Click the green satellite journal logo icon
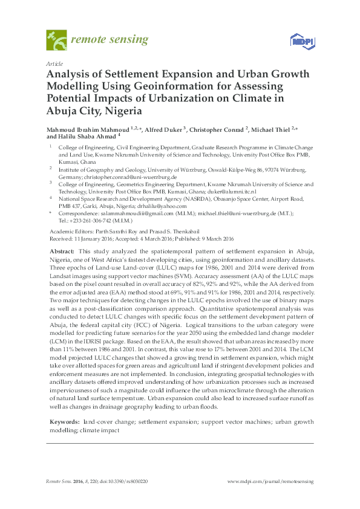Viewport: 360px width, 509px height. (56, 40)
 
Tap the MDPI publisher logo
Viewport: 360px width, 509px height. (299, 41)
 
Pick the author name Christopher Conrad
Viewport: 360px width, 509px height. (219, 129)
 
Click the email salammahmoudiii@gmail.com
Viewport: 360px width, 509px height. (134, 213)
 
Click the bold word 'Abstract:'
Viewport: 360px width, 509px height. (62, 250)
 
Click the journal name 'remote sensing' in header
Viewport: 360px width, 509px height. (110, 40)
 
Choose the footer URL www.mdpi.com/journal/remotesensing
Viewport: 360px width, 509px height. (270, 481)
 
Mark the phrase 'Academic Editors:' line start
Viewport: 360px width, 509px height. (69, 232)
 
